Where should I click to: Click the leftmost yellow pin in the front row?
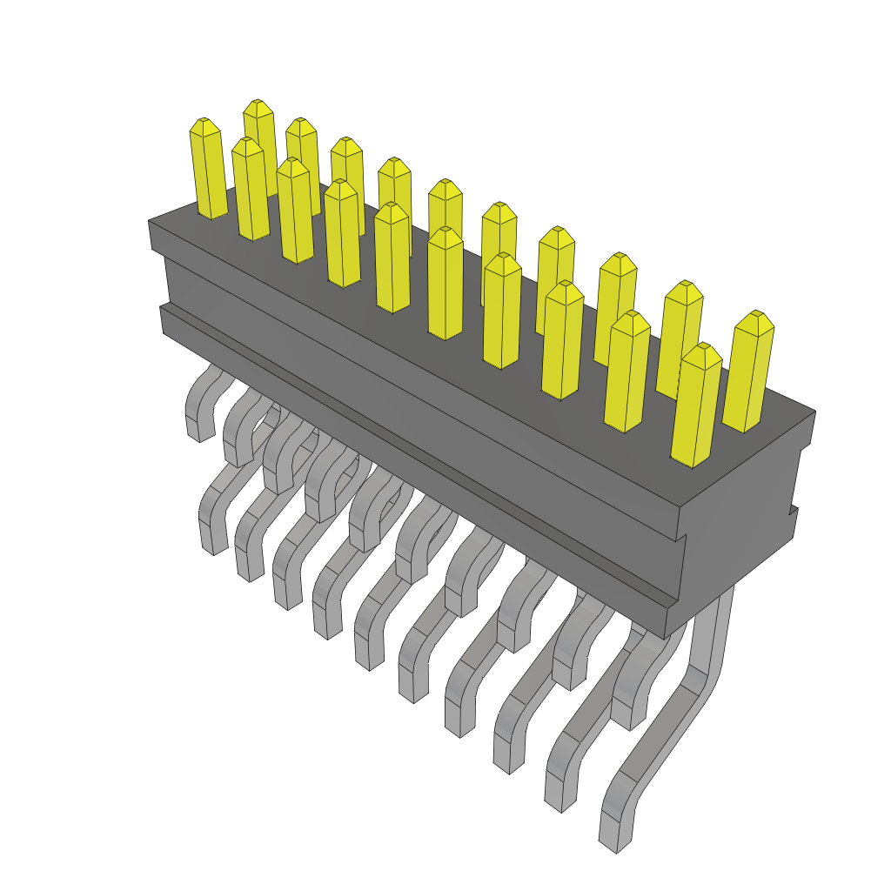click(208, 170)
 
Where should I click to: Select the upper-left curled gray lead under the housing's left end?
click(199, 409)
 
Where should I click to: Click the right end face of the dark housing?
click(740, 522)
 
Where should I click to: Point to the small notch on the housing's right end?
click(793, 508)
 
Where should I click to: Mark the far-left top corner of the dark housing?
click(150, 223)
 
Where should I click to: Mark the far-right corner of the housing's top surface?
click(814, 412)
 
